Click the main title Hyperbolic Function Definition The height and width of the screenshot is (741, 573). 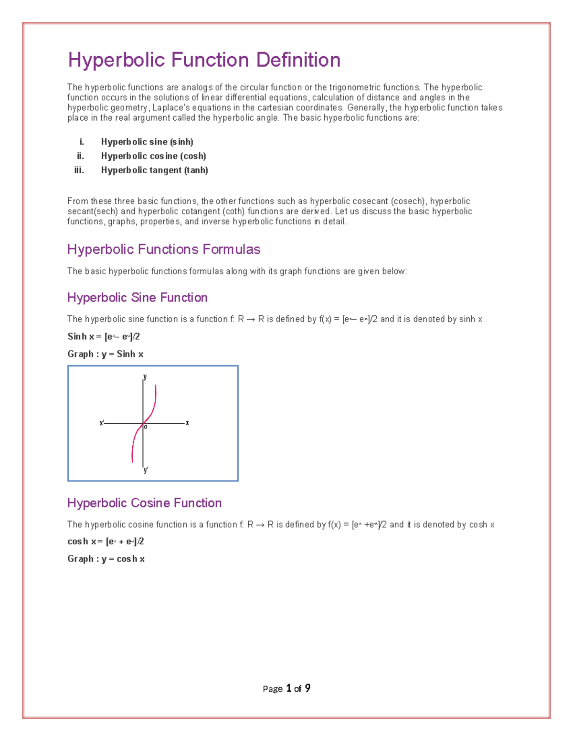[204, 60]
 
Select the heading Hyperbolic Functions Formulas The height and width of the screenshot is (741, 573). [163, 250]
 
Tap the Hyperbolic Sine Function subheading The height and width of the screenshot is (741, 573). [137, 298]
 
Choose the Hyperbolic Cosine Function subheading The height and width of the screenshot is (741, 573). [144, 503]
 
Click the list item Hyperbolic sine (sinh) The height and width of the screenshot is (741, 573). [147, 142]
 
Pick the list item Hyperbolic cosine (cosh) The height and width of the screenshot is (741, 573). [153, 156]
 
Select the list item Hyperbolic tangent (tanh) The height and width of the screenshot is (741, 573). [154, 170]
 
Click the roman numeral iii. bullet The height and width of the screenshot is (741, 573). [79, 170]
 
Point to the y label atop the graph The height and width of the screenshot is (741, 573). [145, 376]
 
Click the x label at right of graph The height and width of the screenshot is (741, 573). [187, 423]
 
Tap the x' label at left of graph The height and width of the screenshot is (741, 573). [102, 423]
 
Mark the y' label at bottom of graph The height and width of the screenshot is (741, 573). [146, 470]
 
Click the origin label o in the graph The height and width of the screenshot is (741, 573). [146, 427]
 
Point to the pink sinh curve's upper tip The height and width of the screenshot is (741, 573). [156, 386]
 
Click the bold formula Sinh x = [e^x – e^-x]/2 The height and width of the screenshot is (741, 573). [104, 337]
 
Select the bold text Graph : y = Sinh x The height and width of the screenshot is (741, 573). [105, 354]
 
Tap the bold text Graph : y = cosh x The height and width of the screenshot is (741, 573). [106, 559]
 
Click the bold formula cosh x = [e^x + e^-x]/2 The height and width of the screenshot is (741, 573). [106, 542]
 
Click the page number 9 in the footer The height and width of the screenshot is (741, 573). [308, 688]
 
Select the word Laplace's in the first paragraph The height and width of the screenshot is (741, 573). [171, 108]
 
